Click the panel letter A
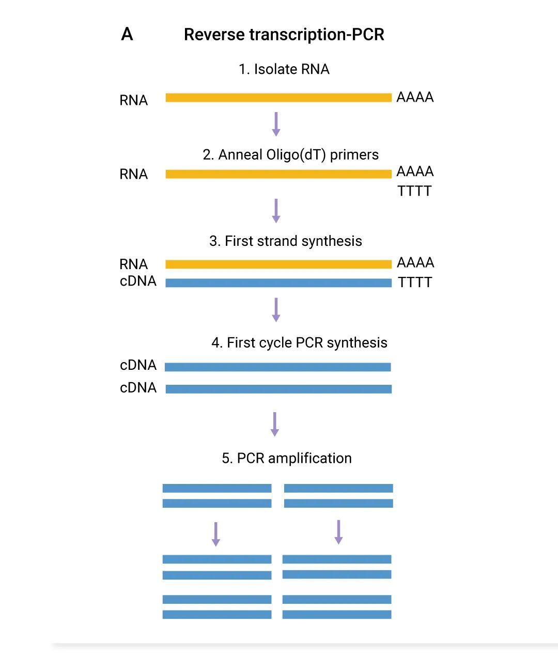coord(127,35)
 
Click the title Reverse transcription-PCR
coord(284,35)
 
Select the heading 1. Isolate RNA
coord(284,69)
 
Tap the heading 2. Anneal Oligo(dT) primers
coord(290,155)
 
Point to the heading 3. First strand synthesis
coord(285,241)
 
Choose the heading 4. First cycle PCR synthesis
coord(299,343)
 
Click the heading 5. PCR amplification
coord(286,458)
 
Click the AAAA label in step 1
coord(415,98)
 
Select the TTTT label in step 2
coord(414,191)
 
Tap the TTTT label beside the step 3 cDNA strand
coord(415,283)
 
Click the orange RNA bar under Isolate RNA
coord(278,98)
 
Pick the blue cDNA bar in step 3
coord(278,283)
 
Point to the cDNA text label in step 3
coord(138,281)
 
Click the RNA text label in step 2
coord(134,175)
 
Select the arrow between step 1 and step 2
coord(276,124)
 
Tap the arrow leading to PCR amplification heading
coord(275,424)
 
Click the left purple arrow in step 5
coord(216,534)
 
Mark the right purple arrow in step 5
coord(338,532)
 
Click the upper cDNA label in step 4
coord(138,365)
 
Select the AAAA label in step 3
coord(415,263)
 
